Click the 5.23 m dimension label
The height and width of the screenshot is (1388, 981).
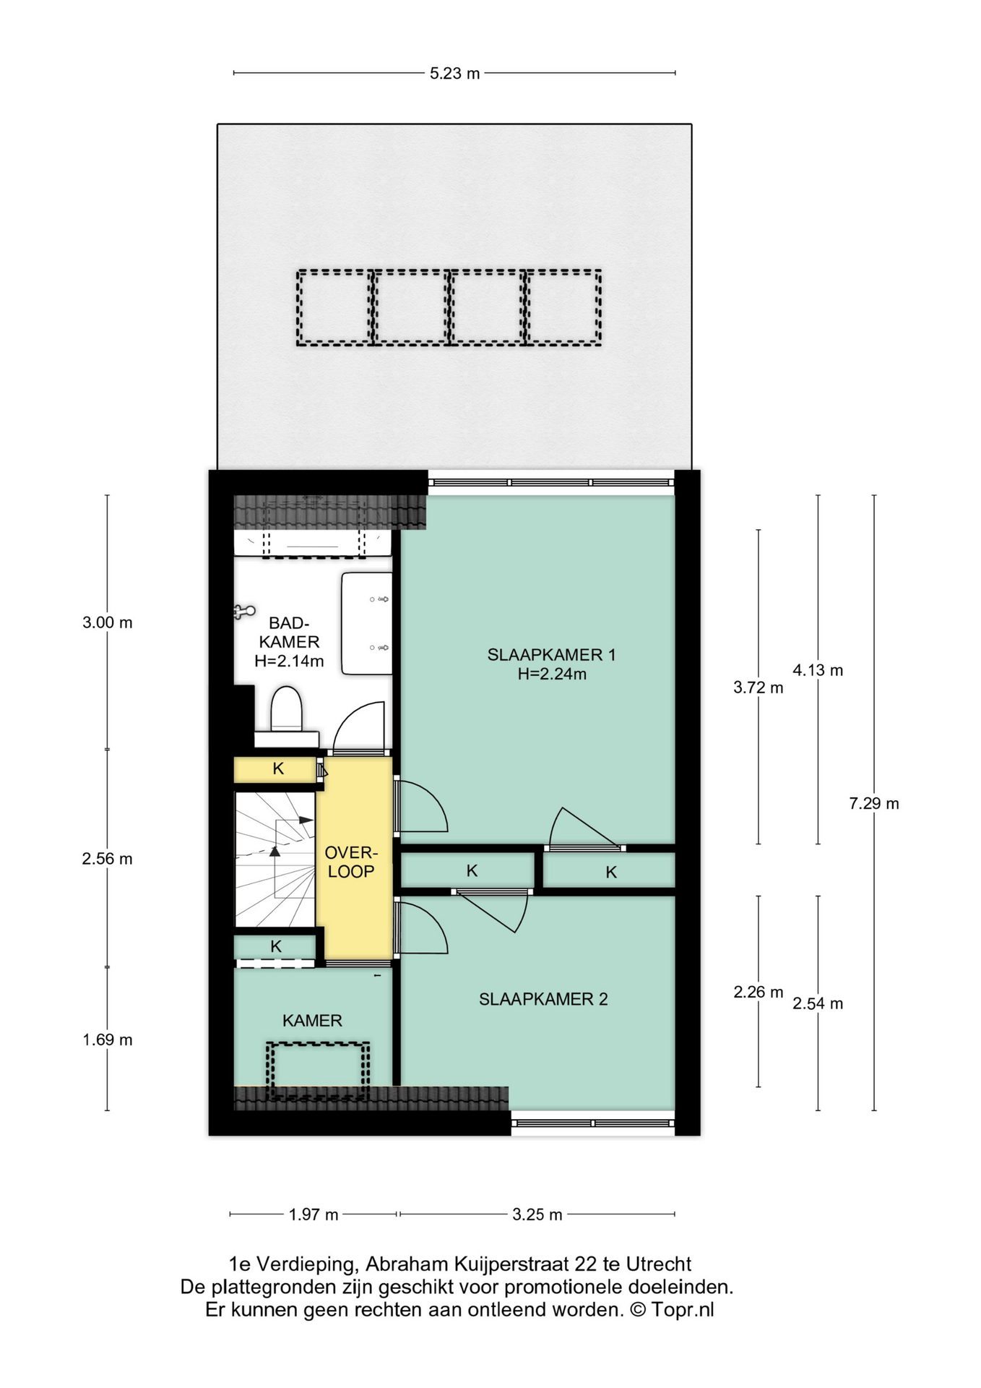tap(454, 73)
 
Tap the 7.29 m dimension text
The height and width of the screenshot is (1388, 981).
tap(874, 803)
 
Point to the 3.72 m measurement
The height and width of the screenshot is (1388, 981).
tap(758, 687)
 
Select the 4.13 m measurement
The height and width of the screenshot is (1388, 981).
tap(818, 670)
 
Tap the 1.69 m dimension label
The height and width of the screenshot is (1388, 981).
tap(108, 1040)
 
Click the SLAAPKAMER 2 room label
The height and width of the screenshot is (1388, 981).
tap(543, 999)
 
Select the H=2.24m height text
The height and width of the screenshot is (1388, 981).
tap(552, 674)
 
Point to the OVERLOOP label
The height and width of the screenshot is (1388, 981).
tap(351, 862)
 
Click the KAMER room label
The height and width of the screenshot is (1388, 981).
tap(312, 1021)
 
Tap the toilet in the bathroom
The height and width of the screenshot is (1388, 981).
tap(286, 716)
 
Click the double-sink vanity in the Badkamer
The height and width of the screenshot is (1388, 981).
tap(366, 623)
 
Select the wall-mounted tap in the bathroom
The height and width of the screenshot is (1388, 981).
tap(244, 612)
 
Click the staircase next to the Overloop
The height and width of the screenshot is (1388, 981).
tap(275, 860)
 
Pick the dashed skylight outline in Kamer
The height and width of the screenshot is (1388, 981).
tap(318, 1071)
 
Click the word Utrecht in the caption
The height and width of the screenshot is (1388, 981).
tap(658, 1264)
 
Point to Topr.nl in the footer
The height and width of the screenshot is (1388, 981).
tap(683, 1310)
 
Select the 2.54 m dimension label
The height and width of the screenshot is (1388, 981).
tap(818, 1003)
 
